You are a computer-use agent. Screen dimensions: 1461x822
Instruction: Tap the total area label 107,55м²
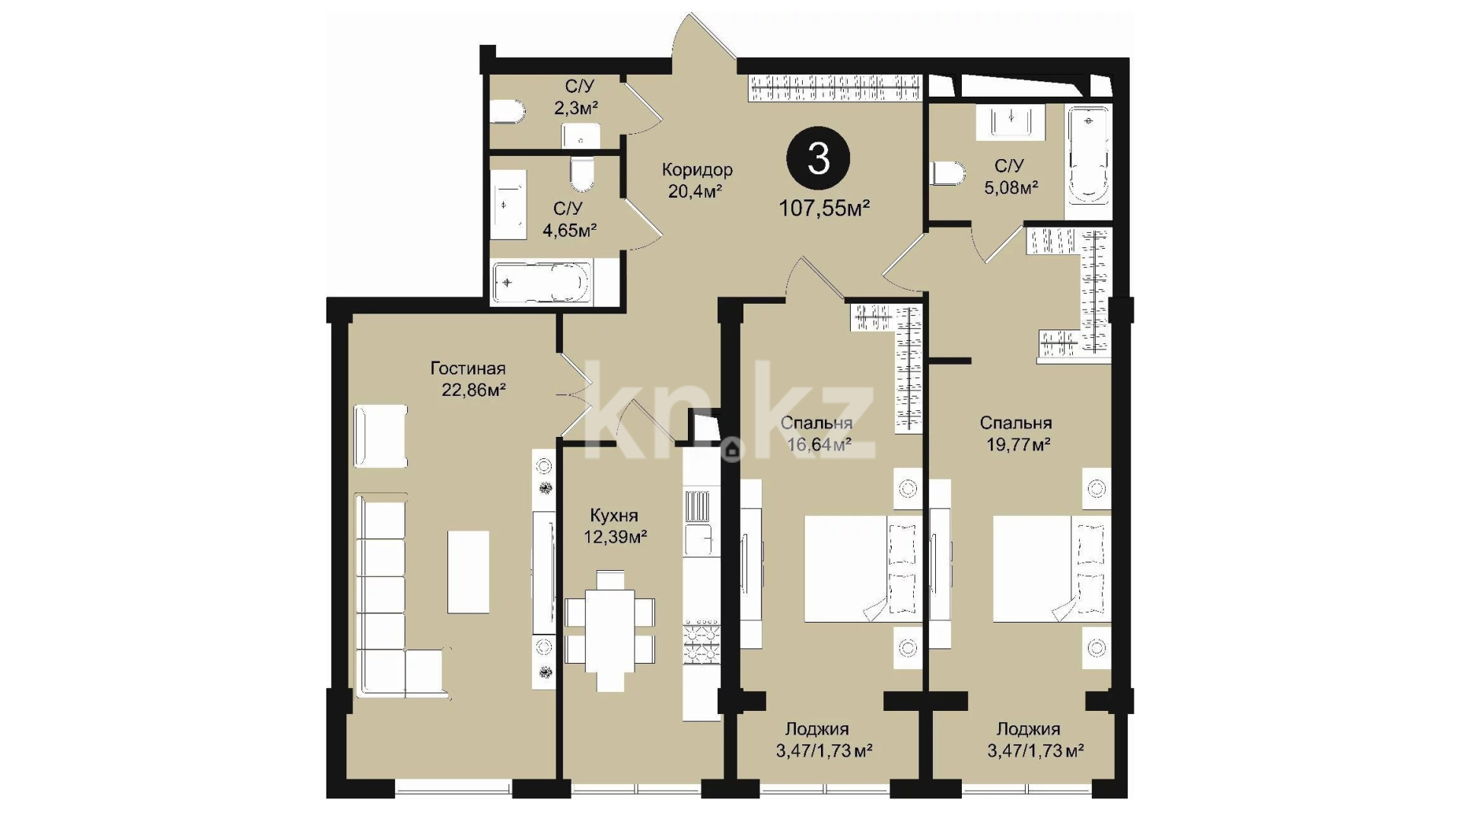(824, 208)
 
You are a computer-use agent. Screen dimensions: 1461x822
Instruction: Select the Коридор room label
(697, 170)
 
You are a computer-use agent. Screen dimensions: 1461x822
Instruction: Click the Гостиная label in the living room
(468, 368)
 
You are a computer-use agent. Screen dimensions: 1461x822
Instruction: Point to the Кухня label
(614, 515)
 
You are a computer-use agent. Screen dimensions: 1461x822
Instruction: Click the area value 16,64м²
(819, 444)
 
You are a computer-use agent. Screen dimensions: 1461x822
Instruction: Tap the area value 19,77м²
(1018, 444)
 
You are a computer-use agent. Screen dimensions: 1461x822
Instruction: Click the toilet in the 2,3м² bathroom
(508, 113)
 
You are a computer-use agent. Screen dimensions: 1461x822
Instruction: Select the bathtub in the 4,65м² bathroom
(542, 282)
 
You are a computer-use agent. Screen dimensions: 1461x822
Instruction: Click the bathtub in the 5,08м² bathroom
(1088, 155)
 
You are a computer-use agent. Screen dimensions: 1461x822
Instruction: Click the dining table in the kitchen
(610, 631)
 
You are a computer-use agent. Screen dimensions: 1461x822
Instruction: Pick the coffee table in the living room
(468, 572)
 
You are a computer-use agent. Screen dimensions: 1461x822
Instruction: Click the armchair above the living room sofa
(380, 436)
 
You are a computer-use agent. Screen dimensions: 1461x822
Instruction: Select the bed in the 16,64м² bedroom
(863, 569)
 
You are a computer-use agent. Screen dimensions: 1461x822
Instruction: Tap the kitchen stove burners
(702, 642)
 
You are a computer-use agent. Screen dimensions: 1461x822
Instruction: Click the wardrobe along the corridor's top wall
(835, 88)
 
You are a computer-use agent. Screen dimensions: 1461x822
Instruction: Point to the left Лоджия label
(817, 729)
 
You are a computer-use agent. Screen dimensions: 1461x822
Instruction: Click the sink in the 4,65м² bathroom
(508, 205)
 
